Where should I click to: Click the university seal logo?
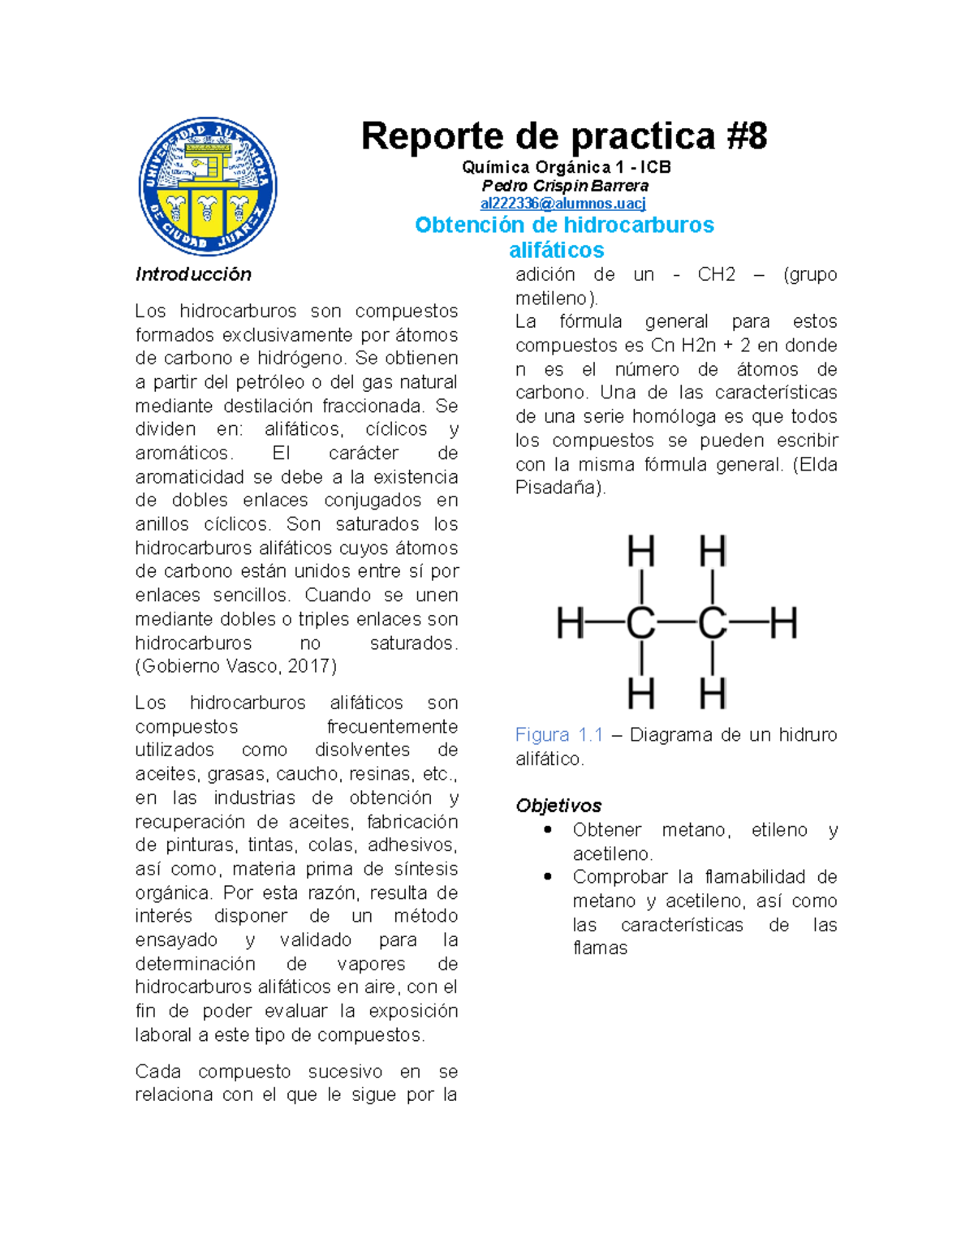[209, 186]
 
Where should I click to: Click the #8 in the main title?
[746, 135]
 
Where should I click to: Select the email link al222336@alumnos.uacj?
[562, 203]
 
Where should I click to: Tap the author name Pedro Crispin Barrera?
[565, 185]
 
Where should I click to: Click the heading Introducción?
[193, 274]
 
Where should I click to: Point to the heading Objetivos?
[558, 806]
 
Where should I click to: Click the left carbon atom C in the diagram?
[641, 624]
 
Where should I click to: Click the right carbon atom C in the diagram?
[712, 624]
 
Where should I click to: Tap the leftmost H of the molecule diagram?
[571, 624]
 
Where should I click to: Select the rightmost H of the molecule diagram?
[783, 624]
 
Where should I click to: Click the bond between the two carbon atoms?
[676, 623]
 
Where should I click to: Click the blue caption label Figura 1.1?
[559, 735]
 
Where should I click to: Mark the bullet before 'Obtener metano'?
[549, 829]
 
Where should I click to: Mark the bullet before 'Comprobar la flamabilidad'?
[549, 876]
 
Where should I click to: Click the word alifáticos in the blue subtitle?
[556, 250]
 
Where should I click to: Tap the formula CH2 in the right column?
[716, 274]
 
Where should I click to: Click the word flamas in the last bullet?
[600, 948]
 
